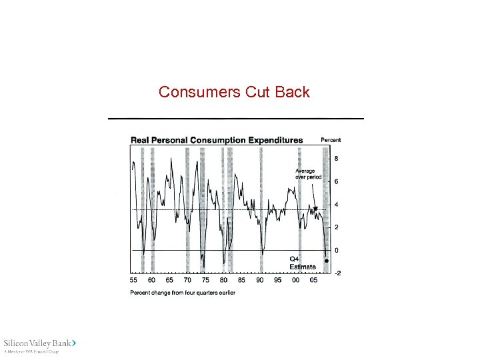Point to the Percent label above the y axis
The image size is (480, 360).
(x=331, y=140)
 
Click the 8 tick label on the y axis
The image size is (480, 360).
(x=336, y=159)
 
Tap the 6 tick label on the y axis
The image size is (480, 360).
(x=336, y=181)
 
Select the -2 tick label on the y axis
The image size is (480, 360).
(x=337, y=273)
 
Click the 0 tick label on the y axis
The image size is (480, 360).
(x=336, y=250)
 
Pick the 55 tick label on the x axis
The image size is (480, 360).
(x=133, y=281)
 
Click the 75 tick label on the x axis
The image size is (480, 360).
(x=205, y=281)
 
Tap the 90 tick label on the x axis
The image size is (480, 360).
(x=259, y=281)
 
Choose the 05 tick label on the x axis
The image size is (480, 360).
(x=313, y=281)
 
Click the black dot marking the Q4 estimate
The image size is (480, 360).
(x=326, y=261)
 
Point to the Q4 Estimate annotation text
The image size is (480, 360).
(x=302, y=263)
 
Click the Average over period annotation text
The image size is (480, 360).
(x=308, y=174)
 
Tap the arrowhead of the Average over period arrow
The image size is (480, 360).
(x=317, y=209)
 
